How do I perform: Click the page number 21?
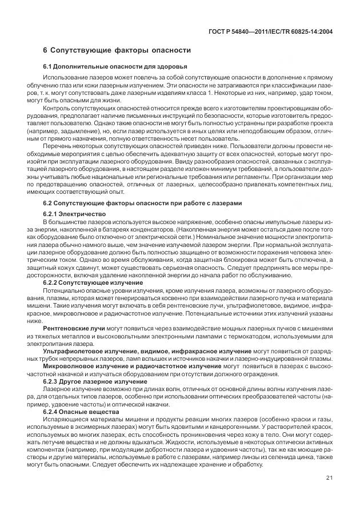(x=329, y=495)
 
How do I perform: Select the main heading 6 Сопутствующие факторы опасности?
(x=117, y=50)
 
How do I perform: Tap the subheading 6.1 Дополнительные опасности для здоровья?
(x=107, y=67)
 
